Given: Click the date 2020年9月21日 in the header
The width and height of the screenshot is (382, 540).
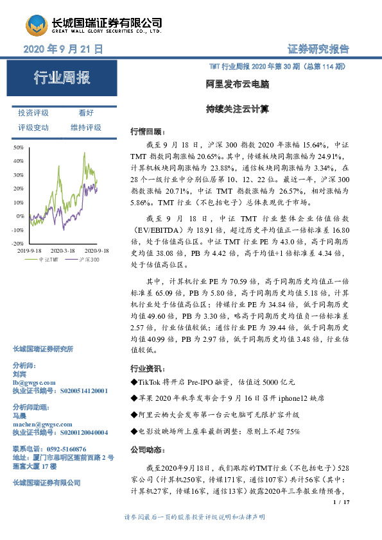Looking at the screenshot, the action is point(63,49).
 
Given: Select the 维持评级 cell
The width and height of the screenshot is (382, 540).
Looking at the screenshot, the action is point(86,128).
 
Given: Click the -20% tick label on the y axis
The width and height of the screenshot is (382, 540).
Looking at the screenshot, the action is point(18,244).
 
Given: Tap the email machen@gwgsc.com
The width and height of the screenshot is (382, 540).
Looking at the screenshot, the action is point(40,425).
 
